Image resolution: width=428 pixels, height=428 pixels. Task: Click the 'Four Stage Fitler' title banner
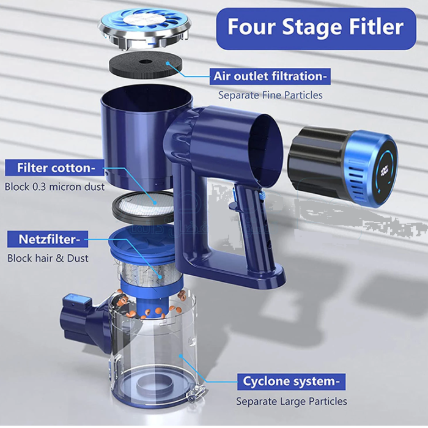click(x=316, y=28)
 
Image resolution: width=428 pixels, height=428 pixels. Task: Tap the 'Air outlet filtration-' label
click(x=270, y=76)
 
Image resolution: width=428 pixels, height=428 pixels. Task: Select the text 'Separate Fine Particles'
click(x=270, y=95)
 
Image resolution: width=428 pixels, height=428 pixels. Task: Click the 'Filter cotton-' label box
click(x=54, y=168)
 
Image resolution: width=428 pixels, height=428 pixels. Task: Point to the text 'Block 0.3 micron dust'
click(x=54, y=187)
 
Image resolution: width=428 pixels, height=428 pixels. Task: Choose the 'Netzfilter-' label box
click(x=48, y=239)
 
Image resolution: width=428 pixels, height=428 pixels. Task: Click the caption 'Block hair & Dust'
click(x=48, y=258)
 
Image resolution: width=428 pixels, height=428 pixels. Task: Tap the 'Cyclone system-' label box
click(x=291, y=382)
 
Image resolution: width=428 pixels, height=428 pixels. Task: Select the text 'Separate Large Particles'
click(x=292, y=401)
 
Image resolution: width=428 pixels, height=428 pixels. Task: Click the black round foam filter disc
click(x=146, y=65)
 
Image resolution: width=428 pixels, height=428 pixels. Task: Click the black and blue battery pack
click(x=343, y=166)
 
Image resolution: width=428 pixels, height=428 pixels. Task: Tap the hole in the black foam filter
click(x=146, y=61)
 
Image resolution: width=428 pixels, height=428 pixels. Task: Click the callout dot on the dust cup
click(x=180, y=356)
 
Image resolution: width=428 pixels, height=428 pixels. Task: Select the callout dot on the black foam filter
click(x=168, y=64)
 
